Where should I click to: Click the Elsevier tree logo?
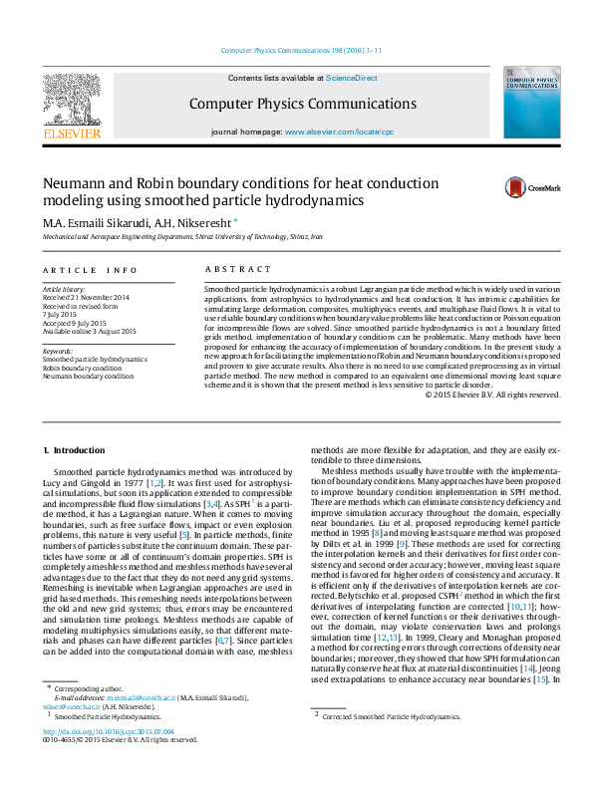pyautogui.click(x=72, y=102)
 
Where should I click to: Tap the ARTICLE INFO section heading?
pyautogui.click(x=91, y=270)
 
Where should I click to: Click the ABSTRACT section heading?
pyautogui.click(x=237, y=270)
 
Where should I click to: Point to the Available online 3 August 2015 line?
pyautogui.click(x=89, y=331)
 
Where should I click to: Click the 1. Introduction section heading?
pyautogui.click(x=75, y=451)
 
